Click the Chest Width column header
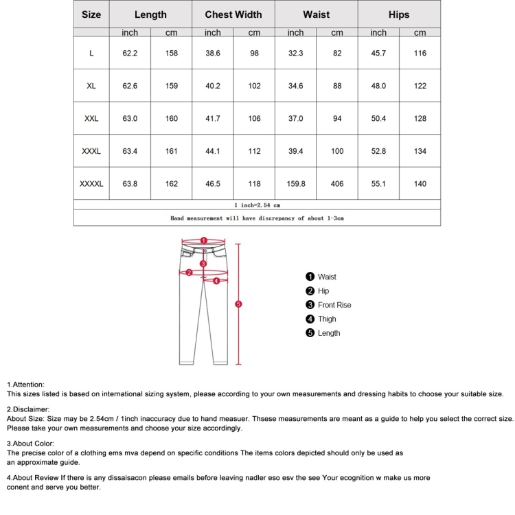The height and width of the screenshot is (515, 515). click(x=233, y=14)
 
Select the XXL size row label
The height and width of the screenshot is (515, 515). click(x=91, y=119)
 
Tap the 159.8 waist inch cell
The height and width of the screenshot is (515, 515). click(x=295, y=184)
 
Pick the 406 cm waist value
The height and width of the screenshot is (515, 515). click(x=337, y=184)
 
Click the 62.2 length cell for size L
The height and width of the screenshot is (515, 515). click(x=130, y=54)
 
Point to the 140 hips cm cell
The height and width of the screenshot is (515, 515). click(x=420, y=184)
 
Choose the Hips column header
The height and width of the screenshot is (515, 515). click(x=399, y=14)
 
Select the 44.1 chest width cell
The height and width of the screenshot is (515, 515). click(x=213, y=152)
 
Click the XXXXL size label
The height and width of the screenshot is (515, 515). click(x=91, y=184)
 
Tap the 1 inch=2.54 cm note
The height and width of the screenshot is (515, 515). click(x=257, y=205)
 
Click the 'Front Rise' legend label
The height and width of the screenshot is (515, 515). click(x=334, y=305)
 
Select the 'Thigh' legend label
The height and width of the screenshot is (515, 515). click(x=327, y=319)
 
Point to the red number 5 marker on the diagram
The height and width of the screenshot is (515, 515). click(x=238, y=304)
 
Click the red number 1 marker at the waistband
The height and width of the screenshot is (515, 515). click(x=203, y=241)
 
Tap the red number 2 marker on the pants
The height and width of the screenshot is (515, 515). click(x=189, y=273)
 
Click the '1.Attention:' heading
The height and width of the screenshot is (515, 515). click(x=25, y=385)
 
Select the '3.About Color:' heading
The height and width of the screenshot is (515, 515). click(x=30, y=444)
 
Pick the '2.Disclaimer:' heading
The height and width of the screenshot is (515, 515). click(x=28, y=409)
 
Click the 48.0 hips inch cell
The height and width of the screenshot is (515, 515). click(x=378, y=87)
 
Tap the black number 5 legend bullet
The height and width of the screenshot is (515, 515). click(x=310, y=333)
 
